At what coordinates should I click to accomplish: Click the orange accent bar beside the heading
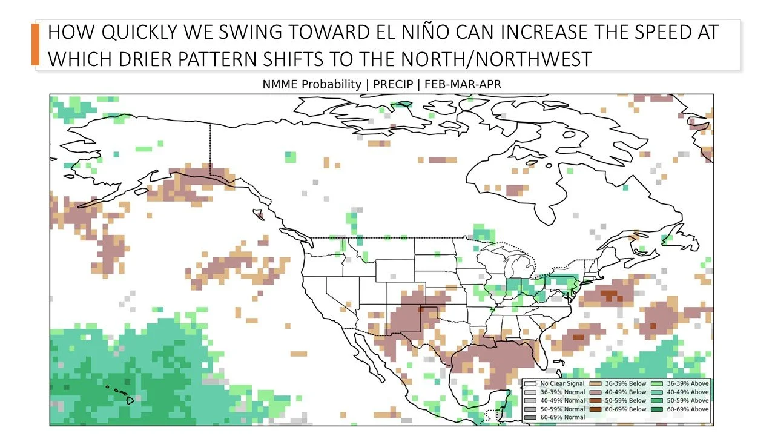point(35,44)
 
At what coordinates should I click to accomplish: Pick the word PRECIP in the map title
point(392,85)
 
